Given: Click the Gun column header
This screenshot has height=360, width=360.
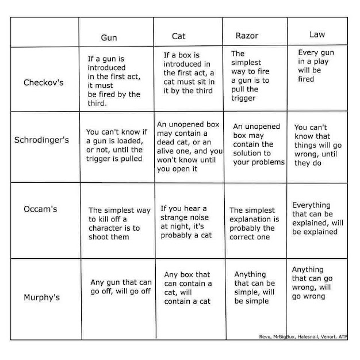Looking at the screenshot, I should [109, 37].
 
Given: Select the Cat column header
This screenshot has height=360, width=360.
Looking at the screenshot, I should [179, 36].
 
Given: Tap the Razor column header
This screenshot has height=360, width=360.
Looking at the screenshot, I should [247, 36].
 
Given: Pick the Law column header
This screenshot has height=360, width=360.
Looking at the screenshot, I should [317, 35].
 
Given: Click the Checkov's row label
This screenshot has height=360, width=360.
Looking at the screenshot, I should [44, 82].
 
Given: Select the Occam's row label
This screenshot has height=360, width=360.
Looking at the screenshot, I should [41, 209].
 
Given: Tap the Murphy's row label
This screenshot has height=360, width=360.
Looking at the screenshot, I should [41, 297].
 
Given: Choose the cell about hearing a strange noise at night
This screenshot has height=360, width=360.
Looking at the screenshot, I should [184, 221].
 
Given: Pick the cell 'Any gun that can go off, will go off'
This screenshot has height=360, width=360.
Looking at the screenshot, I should [121, 286].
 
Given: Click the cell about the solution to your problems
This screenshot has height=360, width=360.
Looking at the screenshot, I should [258, 144].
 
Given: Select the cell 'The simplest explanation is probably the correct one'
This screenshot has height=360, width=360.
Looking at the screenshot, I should [254, 224].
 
